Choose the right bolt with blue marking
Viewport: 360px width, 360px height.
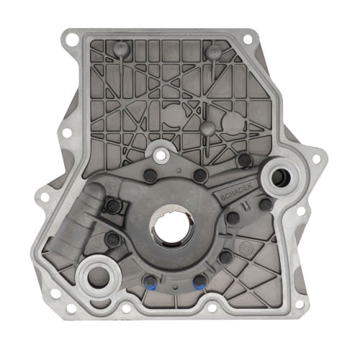coord(198,282)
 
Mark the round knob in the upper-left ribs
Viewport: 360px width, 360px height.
coord(119,49)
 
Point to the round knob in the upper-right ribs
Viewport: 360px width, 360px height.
coord(212,52)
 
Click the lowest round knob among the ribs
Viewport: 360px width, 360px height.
coord(207,128)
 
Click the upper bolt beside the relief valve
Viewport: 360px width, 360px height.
coord(114,206)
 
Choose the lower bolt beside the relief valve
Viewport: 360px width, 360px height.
coord(112,239)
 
